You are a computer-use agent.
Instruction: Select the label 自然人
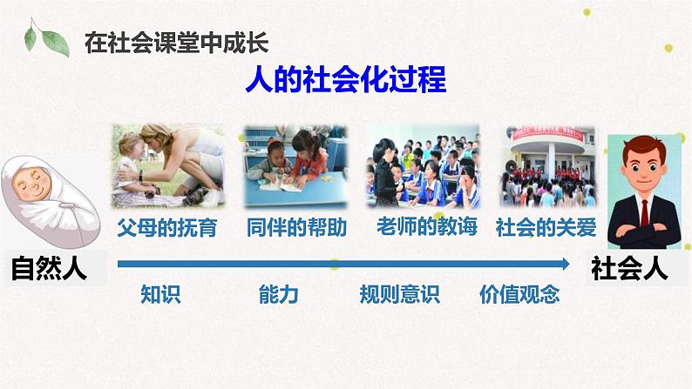point(51,268)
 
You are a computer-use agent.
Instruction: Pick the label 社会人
point(629,268)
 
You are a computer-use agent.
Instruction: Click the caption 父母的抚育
point(166,228)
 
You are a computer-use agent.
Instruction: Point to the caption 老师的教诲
point(427,228)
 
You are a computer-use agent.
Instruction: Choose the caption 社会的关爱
point(546,228)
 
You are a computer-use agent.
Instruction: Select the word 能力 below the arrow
point(279,294)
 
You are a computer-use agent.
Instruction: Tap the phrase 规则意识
point(400,294)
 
